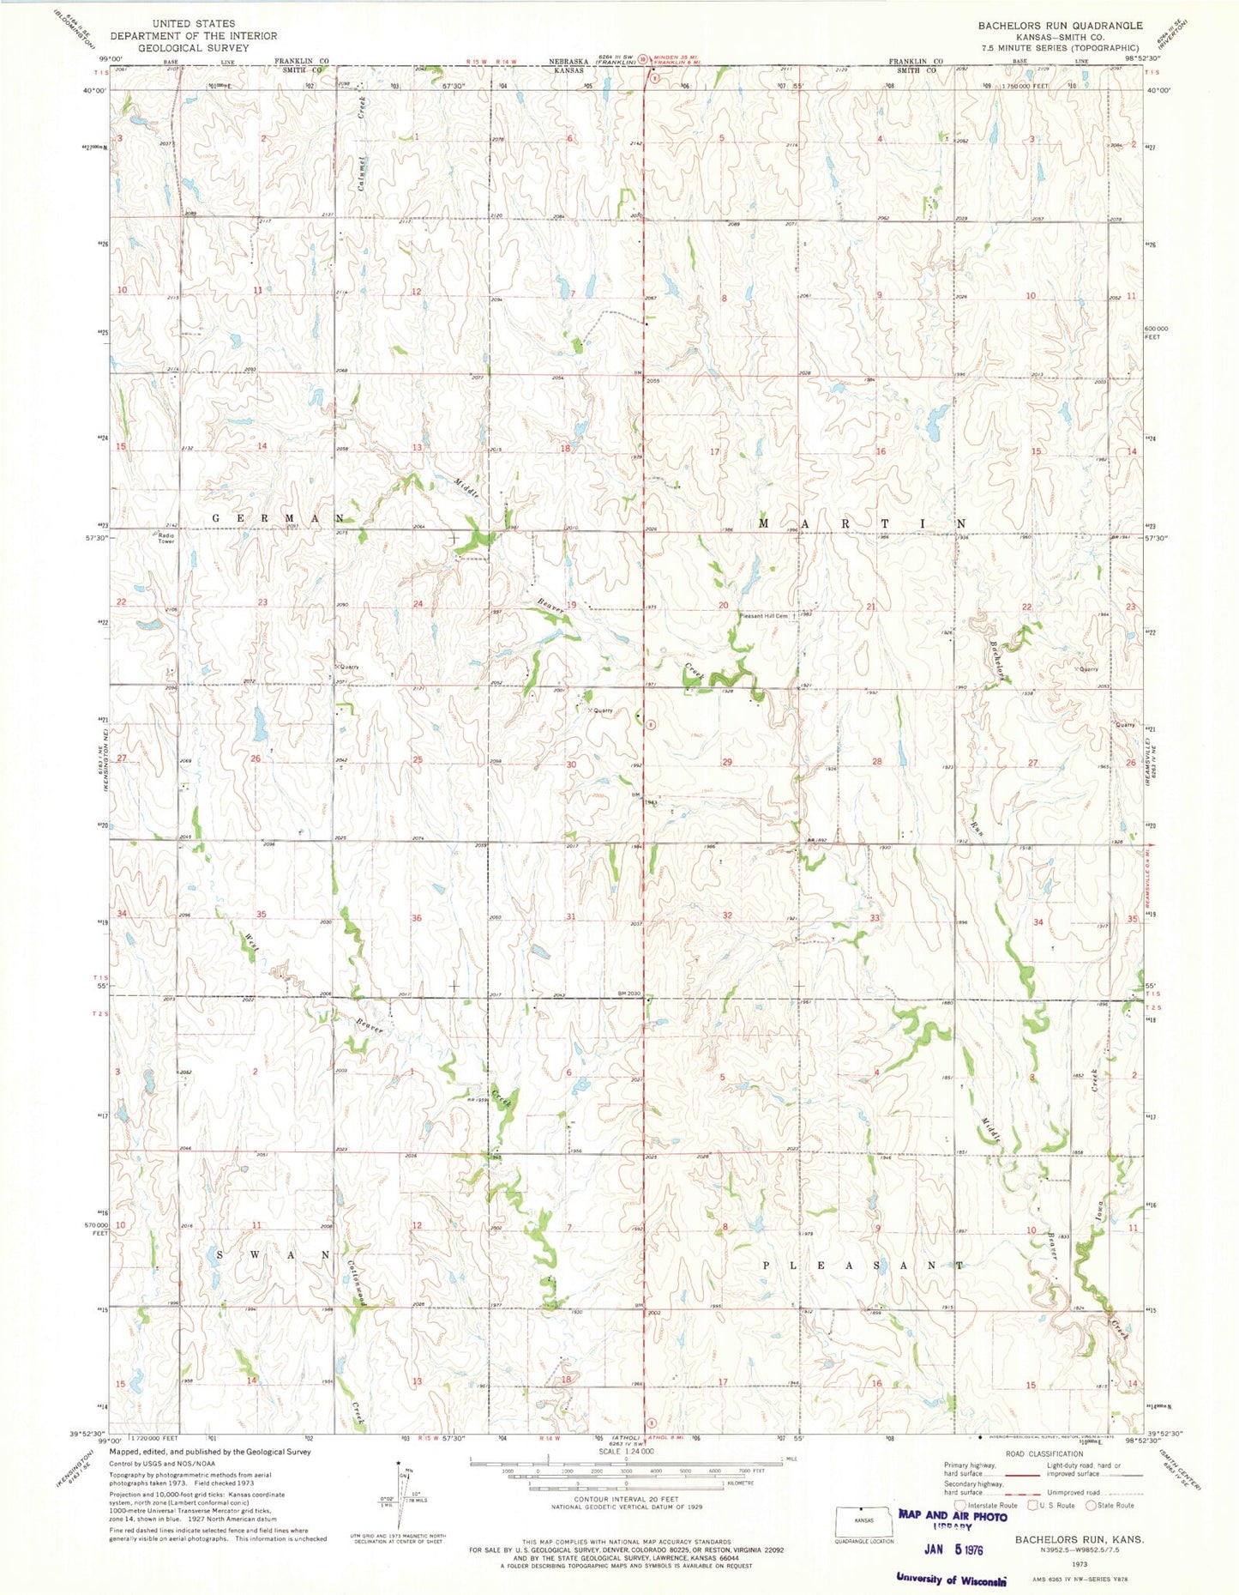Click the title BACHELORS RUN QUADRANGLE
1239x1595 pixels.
pyautogui.click(x=1060, y=26)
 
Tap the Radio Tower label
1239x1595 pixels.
pyautogui.click(x=165, y=538)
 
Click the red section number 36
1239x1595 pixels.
pyautogui.click(x=417, y=918)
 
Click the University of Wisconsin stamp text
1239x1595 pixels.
pyautogui.click(x=951, y=1578)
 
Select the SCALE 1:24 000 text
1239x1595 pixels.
pyautogui.click(x=619, y=1451)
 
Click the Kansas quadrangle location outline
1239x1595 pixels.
pyautogui.click(x=863, y=1519)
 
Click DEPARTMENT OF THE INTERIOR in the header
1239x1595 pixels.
pyautogui.click(x=194, y=36)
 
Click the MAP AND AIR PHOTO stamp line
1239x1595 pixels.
pyautogui.click(x=953, y=1515)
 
